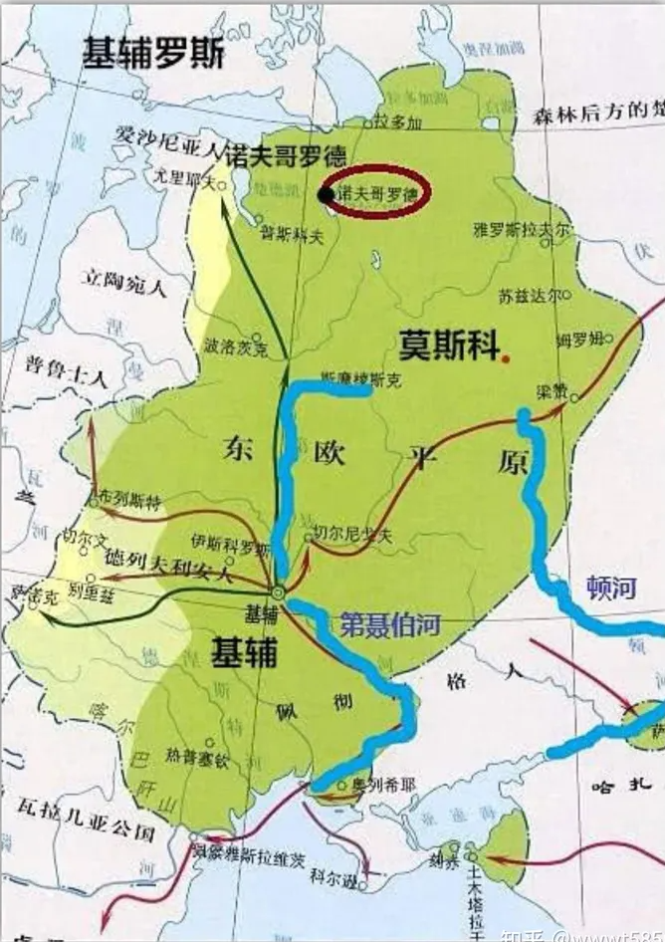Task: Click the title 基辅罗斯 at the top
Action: (153, 53)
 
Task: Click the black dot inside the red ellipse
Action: (327, 194)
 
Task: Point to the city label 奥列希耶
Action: (373, 785)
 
